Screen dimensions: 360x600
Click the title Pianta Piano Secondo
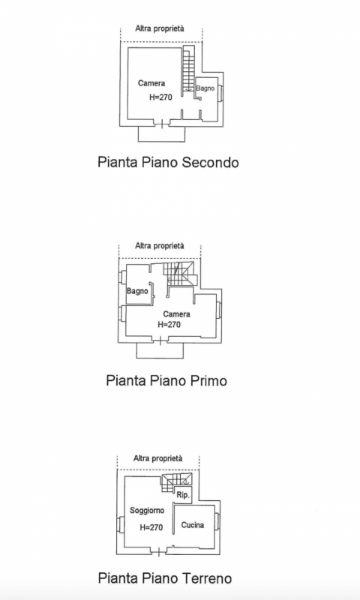[168, 162]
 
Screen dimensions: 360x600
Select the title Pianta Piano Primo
[166, 381]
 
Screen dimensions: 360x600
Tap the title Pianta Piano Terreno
[165, 577]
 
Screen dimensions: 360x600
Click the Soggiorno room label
[147, 511]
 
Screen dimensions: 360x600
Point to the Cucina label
[193, 525]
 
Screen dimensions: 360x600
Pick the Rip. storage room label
[183, 495]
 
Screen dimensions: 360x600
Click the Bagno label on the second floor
[205, 88]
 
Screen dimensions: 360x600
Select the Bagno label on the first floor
[137, 291]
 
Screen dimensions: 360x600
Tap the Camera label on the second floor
[151, 83]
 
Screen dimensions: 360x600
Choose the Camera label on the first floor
[177, 314]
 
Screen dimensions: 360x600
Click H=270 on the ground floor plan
[151, 528]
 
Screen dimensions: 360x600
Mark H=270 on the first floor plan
[169, 325]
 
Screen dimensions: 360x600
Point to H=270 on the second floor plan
[160, 97]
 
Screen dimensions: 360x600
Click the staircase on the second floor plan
[187, 69]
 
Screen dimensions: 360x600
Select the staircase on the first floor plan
[180, 274]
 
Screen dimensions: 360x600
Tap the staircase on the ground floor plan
[177, 483]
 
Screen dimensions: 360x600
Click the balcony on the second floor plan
[161, 134]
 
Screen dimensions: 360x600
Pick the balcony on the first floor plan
[160, 351]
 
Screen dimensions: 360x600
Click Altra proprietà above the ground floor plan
[158, 458]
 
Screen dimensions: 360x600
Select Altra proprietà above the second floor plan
[160, 28]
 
